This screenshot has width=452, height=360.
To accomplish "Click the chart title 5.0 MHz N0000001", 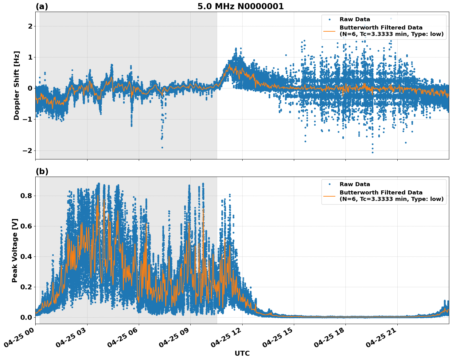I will click(240, 6).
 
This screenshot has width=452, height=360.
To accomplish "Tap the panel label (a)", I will click(42, 6).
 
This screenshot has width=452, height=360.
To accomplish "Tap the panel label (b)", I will click(42, 171).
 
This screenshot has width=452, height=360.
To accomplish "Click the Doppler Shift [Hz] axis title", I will click(17, 85).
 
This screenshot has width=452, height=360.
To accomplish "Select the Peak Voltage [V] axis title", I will click(15, 250).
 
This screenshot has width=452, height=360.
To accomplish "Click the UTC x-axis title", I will click(242, 353).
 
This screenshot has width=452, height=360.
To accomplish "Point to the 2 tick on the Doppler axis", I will click(30, 26).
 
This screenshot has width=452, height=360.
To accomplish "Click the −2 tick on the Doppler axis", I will click(28, 151).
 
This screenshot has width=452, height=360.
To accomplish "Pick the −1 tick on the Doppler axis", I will click(28, 119).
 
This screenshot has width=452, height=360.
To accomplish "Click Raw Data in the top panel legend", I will click(355, 19).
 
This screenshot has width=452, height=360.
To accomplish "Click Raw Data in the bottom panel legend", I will click(355, 184).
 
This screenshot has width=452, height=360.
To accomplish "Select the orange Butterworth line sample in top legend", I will click(329, 31).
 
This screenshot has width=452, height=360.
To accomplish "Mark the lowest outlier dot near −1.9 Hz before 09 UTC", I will click(162, 147).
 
